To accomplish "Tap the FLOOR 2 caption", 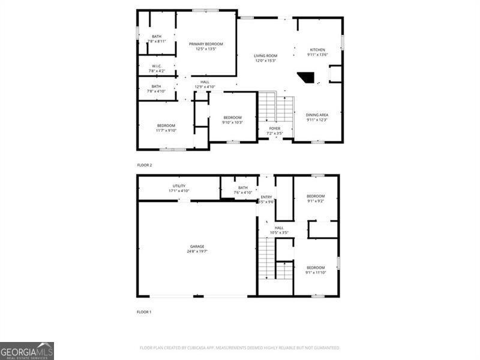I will pos(145,164).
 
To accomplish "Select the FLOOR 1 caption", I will pos(144,312).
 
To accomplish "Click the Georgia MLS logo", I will pos(27,350).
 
